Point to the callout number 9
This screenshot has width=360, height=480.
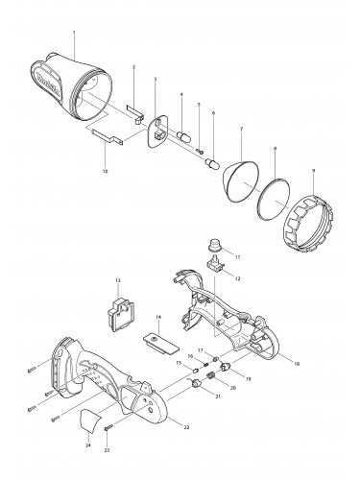[313, 170]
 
